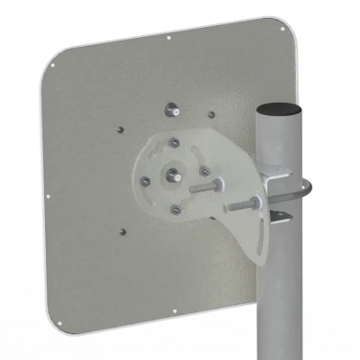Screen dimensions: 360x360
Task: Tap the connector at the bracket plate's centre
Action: pyautogui.click(x=174, y=171)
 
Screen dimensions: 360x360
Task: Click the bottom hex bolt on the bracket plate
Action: pyautogui.click(x=175, y=209)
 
